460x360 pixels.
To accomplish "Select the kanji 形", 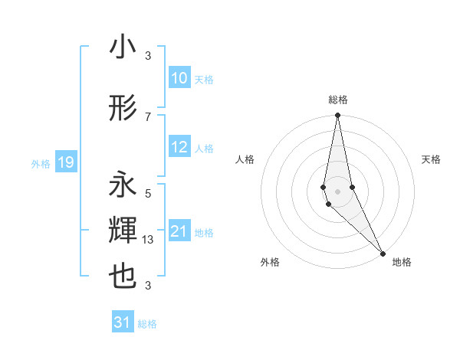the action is (x=123, y=109).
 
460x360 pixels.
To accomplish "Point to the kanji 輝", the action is (x=123, y=231).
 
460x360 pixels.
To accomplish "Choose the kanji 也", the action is (x=123, y=277).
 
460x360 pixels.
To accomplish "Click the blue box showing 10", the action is (x=179, y=78).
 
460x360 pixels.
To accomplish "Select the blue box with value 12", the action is (x=179, y=147).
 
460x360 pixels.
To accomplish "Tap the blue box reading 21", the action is (x=179, y=231).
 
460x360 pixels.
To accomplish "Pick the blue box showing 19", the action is (x=65, y=162).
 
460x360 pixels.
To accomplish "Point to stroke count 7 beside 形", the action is (x=148, y=116).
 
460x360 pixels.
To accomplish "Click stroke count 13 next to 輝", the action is (x=149, y=240).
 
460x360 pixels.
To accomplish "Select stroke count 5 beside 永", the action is (x=148, y=193).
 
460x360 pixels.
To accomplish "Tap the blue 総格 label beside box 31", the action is (x=147, y=324).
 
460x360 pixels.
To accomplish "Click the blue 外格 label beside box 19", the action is (x=41, y=163).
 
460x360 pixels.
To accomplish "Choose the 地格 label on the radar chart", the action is (x=402, y=262).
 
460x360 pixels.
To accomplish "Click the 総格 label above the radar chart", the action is (x=337, y=100).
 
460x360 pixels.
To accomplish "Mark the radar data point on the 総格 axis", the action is (x=337, y=116).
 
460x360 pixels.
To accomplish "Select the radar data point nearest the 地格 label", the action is (x=383, y=252).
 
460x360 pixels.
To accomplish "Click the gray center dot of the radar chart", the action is (x=337, y=191).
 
